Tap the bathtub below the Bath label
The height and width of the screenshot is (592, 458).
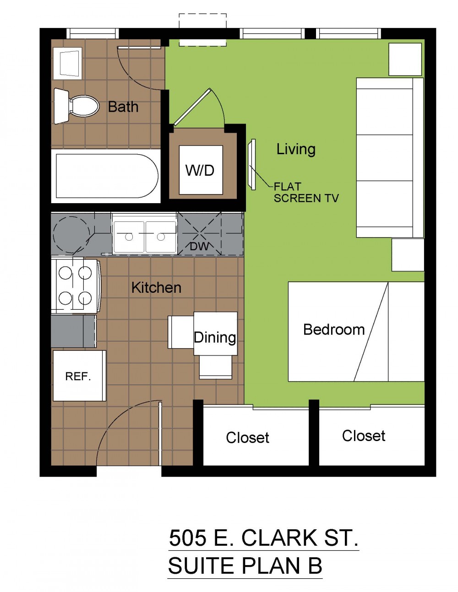(106, 176)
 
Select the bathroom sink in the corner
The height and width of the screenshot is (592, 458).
(67, 63)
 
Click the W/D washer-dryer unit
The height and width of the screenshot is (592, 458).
(201, 170)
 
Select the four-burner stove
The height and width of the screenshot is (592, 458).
(76, 285)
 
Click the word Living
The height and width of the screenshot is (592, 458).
(296, 149)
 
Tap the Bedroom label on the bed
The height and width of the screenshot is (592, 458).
(334, 330)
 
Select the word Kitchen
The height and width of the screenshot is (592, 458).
(156, 288)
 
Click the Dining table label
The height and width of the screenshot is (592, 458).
(215, 338)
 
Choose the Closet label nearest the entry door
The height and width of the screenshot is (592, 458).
(247, 438)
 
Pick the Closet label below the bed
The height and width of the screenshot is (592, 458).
(364, 436)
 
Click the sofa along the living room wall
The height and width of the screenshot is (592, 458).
(390, 158)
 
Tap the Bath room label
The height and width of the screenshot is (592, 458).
(123, 107)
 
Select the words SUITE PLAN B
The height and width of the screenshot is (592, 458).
(245, 565)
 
